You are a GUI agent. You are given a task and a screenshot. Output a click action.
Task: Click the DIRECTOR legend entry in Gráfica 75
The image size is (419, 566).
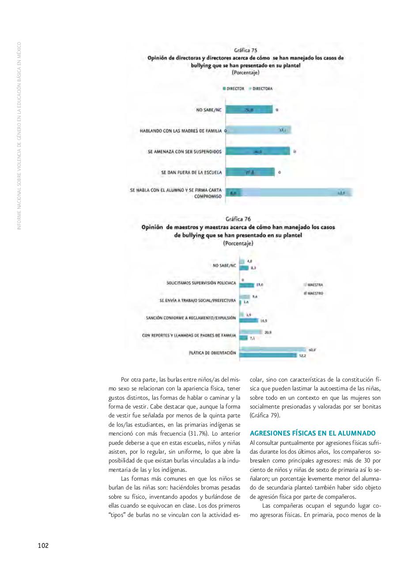(234, 88)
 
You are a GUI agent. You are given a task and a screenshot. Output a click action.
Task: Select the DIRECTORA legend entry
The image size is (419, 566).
(261, 88)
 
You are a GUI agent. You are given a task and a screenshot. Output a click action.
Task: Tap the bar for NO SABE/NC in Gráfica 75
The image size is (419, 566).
(249, 110)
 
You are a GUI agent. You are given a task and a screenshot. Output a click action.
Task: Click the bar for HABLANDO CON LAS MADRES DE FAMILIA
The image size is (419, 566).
(258, 130)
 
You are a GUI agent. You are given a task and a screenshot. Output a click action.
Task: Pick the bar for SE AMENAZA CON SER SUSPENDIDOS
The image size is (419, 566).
(258, 151)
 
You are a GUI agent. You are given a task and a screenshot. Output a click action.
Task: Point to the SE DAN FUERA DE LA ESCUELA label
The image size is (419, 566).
(191, 172)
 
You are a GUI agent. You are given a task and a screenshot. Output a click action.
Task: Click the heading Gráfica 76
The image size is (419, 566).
(238, 219)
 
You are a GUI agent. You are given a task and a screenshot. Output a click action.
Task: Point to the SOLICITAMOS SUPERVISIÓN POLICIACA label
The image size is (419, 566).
(201, 282)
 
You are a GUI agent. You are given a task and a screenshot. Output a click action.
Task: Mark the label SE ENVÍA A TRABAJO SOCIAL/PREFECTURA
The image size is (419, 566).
(197, 300)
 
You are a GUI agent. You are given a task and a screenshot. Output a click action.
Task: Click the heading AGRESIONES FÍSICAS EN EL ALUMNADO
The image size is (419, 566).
(312, 433)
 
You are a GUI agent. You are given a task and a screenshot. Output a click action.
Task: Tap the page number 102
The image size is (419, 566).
(43, 545)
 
